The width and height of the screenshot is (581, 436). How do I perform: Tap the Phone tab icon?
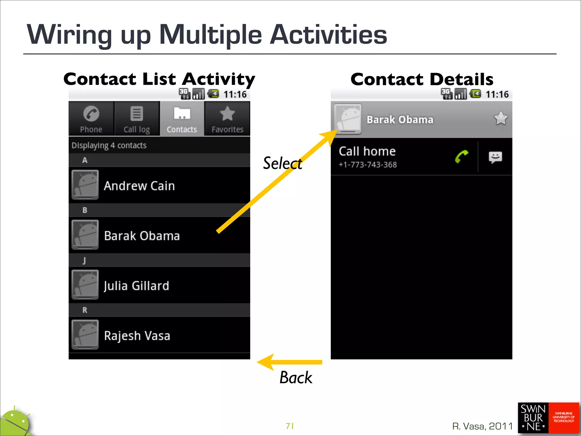pyautogui.click(x=91, y=114)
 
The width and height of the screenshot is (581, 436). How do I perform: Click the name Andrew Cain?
pyautogui.click(x=139, y=186)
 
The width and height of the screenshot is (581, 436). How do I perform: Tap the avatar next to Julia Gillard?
pyautogui.click(x=85, y=285)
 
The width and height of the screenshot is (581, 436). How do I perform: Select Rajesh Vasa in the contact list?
pyautogui.click(x=137, y=336)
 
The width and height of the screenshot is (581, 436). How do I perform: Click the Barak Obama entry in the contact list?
pyautogui.click(x=142, y=236)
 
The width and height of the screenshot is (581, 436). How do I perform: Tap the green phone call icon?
pyautogui.click(x=462, y=157)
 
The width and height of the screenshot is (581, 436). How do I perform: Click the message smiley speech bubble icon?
pyautogui.click(x=495, y=157)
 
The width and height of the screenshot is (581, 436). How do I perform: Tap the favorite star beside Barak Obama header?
pyautogui.click(x=501, y=118)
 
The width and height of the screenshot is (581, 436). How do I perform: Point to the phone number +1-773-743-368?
pyautogui.click(x=368, y=165)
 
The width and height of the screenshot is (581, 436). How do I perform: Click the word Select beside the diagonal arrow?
pyautogui.click(x=282, y=163)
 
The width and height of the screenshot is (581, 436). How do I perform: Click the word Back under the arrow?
pyautogui.click(x=296, y=378)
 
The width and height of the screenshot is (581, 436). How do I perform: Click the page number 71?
pyautogui.click(x=290, y=426)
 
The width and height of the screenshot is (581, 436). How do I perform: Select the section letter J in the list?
pyautogui.click(x=84, y=260)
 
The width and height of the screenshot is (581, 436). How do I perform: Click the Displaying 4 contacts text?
pyautogui.click(x=109, y=145)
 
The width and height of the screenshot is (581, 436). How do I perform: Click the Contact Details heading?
pyautogui.click(x=422, y=79)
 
